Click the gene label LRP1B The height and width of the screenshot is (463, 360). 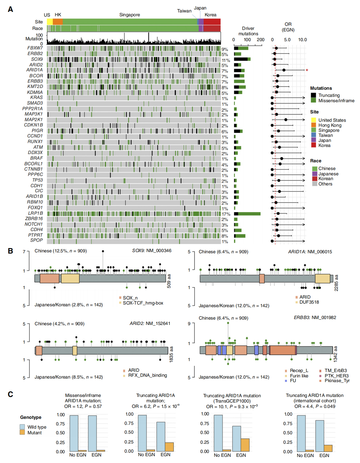(x=35, y=213)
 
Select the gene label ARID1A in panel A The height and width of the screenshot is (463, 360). (x=34, y=70)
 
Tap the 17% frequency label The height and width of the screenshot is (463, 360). (x=226, y=214)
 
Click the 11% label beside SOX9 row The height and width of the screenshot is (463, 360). (x=226, y=60)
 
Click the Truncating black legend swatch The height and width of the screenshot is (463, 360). (x=313, y=95)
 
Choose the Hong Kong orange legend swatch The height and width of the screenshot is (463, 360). (x=313, y=125)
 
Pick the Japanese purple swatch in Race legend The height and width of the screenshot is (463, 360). (x=314, y=174)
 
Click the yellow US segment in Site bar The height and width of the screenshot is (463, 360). (x=49, y=22)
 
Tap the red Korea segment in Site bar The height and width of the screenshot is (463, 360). (x=212, y=22)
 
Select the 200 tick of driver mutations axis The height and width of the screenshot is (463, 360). (x=260, y=40)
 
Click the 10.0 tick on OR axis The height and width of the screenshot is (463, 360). (x=302, y=40)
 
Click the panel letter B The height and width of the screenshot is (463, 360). (x=10, y=251)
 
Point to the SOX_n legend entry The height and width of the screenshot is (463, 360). (x=130, y=298)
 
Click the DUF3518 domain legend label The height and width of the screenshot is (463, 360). (x=309, y=302)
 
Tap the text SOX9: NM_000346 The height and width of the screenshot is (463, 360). (x=151, y=251)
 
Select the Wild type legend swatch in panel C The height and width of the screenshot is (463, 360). (x=22, y=427)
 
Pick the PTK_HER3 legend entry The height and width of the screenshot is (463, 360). (x=336, y=376)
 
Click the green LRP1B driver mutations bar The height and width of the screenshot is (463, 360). (x=249, y=214)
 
